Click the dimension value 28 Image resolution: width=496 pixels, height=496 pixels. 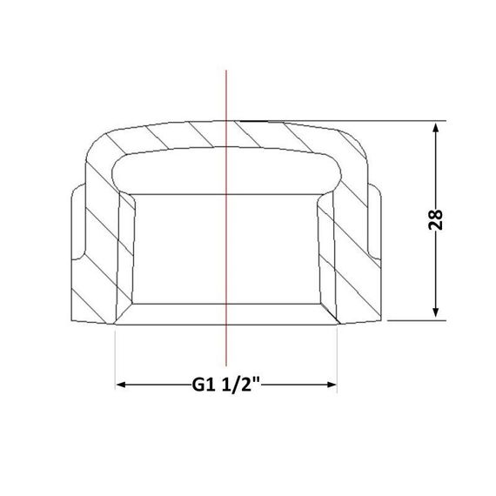point(435,219)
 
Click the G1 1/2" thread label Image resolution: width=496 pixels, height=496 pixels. point(226,385)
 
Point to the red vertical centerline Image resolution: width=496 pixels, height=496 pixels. point(226,218)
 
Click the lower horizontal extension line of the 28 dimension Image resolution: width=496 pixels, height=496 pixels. point(417,320)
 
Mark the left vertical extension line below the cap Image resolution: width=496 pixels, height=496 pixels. point(115,359)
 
